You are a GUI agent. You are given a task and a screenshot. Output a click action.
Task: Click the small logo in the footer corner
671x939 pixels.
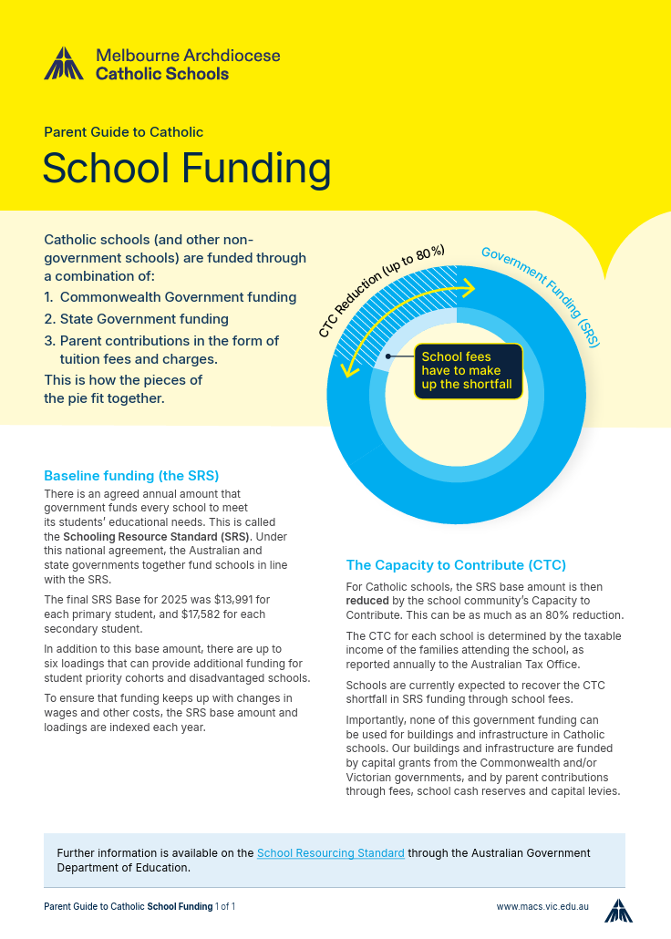click(x=618, y=909)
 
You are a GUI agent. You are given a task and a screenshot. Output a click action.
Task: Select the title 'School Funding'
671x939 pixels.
click(x=187, y=169)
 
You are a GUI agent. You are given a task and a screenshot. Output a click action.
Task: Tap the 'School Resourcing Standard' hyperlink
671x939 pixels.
click(x=331, y=853)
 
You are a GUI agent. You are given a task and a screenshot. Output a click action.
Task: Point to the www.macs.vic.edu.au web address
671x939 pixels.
click(x=542, y=907)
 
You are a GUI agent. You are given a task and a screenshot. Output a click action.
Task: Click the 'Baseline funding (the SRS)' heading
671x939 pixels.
click(x=131, y=476)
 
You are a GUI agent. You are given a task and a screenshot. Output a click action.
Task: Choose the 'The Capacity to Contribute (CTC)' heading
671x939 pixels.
click(x=456, y=565)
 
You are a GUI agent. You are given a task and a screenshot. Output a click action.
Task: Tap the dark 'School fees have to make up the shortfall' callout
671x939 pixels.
click(x=469, y=371)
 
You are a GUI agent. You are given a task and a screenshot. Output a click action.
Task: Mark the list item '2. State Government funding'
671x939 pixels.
click(x=136, y=319)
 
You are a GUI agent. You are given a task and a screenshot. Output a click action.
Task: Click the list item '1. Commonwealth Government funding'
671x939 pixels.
click(x=170, y=297)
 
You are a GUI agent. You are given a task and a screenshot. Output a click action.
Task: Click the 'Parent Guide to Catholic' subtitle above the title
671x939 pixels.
click(x=123, y=132)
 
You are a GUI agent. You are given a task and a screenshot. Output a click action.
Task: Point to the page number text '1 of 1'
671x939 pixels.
click(x=225, y=907)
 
